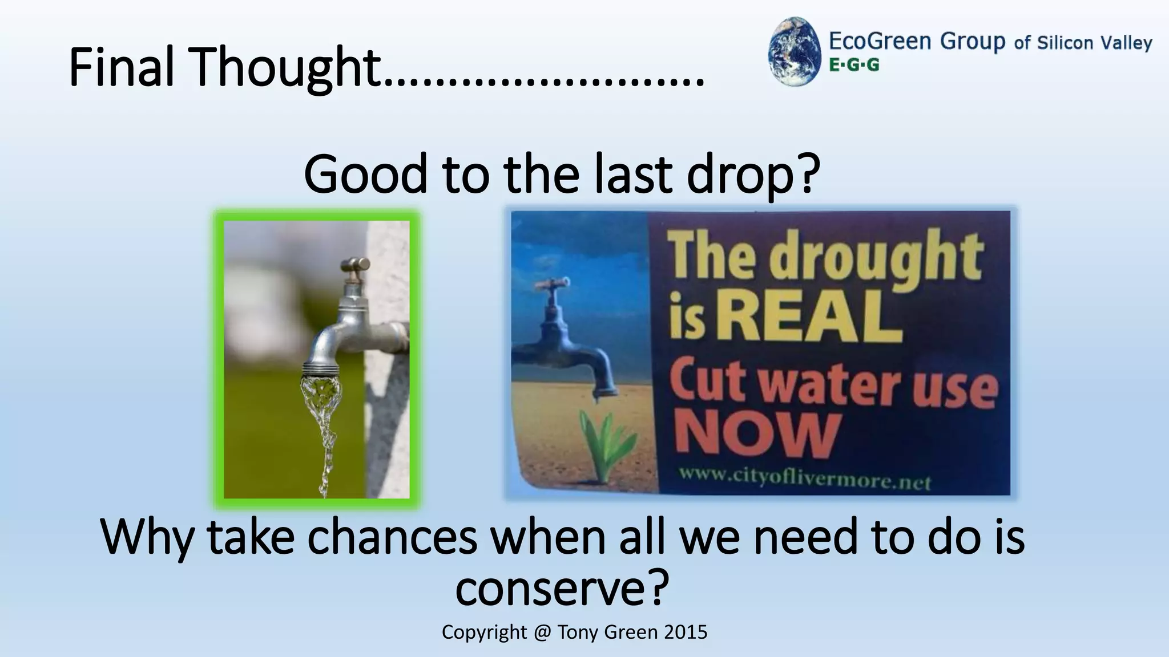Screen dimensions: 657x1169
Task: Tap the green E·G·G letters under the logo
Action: click(x=854, y=65)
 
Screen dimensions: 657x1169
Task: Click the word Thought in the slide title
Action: click(x=286, y=68)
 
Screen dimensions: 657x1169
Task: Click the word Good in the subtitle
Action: click(x=365, y=174)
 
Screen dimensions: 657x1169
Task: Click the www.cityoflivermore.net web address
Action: click(x=805, y=478)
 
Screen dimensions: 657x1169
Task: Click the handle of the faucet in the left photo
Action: click(x=354, y=265)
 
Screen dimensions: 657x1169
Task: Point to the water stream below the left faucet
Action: click(x=323, y=422)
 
